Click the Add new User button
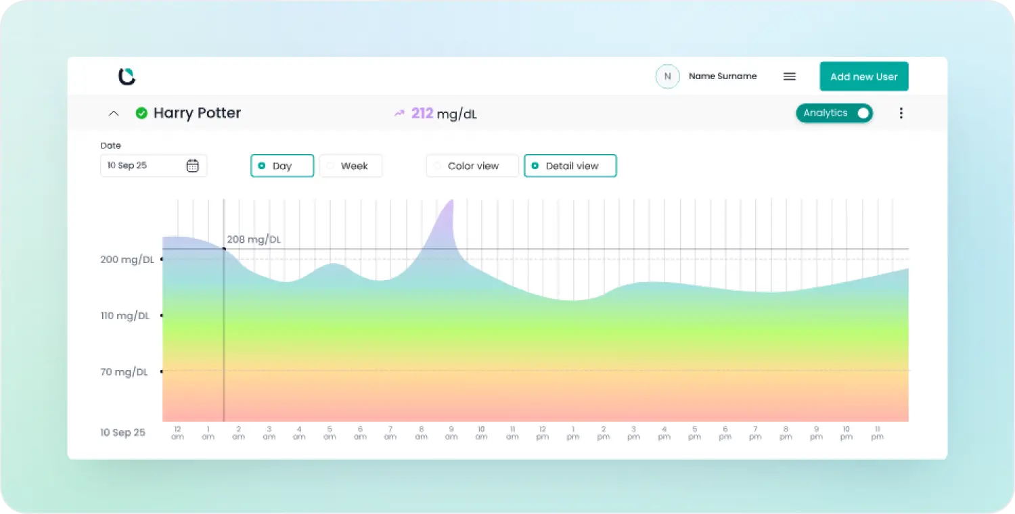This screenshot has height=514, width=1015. click(863, 76)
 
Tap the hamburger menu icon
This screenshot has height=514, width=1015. click(790, 76)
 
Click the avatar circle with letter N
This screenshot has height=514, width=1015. click(667, 76)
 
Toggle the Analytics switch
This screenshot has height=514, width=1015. click(834, 113)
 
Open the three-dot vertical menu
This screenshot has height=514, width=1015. click(901, 113)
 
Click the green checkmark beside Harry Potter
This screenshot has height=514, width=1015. click(141, 113)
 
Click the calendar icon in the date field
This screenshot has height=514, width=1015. click(193, 166)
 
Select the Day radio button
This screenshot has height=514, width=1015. click(282, 166)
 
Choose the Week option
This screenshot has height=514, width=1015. click(351, 166)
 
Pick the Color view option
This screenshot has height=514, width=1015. click(472, 166)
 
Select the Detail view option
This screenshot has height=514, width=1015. click(570, 166)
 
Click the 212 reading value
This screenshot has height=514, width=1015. click(422, 113)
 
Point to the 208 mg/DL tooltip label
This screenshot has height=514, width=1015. click(254, 239)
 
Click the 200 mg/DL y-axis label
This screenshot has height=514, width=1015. click(127, 260)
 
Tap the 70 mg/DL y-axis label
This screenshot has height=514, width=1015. click(124, 372)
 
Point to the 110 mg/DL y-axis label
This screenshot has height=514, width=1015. click(125, 316)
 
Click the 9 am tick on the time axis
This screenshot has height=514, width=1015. click(451, 433)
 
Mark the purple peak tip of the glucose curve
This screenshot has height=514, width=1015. click(452, 200)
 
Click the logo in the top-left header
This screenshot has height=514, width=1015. click(127, 76)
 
